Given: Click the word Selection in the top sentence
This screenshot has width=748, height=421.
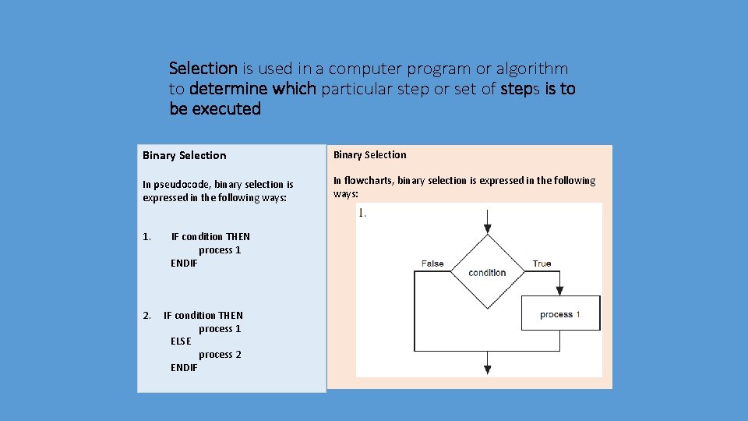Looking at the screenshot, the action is point(203,69).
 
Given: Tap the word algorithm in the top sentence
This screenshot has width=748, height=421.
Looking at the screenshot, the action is point(532,69).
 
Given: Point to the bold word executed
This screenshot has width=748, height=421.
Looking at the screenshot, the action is point(226,109).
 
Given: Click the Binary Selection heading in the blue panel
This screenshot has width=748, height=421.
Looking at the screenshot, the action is point(184,156).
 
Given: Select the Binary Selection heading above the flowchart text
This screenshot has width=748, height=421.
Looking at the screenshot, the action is point(369,155).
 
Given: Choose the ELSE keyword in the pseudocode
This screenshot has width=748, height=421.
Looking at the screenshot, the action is point(181,341).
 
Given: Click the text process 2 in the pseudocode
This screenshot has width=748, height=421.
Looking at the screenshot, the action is point(220,355).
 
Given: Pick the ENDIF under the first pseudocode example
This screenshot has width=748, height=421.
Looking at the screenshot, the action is point(184,263).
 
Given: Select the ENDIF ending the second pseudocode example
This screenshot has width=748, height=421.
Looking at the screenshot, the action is point(184,367).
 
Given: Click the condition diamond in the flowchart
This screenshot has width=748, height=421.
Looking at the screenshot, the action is point(487,271).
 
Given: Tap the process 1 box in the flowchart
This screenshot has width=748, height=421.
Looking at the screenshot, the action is point(560,313).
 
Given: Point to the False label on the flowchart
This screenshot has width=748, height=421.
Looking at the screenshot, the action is point(432,264).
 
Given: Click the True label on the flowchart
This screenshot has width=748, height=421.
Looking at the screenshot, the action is point(542,264).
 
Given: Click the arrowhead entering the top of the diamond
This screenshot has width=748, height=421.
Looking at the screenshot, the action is point(487,228).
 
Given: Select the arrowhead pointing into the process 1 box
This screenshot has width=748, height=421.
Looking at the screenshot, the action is point(559,291).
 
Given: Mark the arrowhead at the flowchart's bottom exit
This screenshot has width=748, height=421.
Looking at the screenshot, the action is point(487,369).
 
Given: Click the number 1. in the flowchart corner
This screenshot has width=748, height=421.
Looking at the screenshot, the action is point(362,213).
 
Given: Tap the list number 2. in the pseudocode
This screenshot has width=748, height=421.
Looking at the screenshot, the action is point(147,316).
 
